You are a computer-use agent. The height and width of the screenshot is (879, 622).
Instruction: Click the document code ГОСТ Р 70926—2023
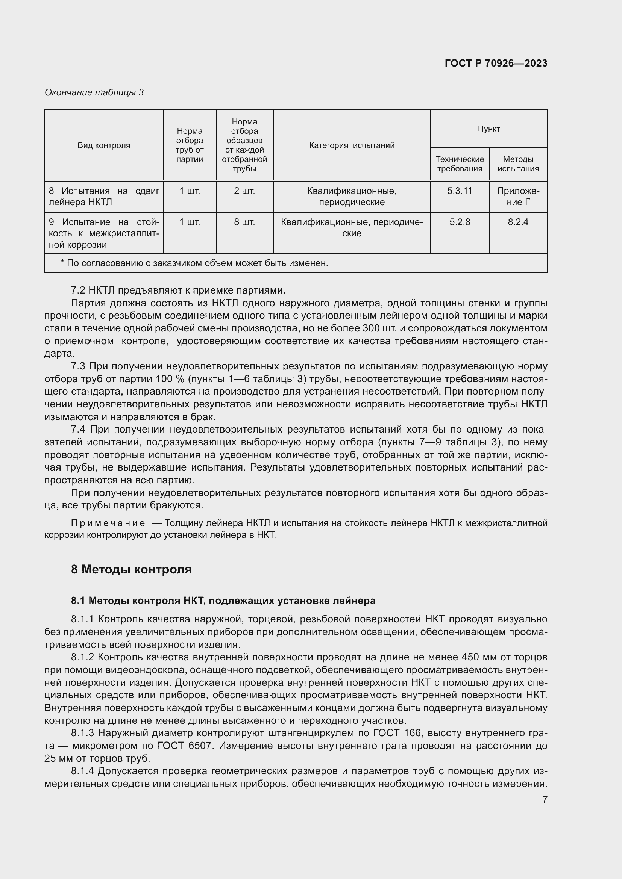[496, 63]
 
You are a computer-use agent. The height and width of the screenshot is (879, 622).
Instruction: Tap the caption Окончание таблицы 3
[94, 92]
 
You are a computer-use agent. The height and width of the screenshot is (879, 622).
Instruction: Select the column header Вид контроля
[104, 145]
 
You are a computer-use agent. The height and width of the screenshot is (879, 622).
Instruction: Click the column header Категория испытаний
[352, 145]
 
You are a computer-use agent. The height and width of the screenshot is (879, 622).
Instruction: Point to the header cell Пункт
[489, 129]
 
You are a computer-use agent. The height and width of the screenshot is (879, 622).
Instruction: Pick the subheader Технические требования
[460, 164]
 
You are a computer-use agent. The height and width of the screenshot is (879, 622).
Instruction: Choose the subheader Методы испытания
[518, 164]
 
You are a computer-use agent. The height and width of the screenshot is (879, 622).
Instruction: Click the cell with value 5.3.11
[460, 191]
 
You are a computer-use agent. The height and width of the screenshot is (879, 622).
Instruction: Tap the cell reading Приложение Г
[518, 197]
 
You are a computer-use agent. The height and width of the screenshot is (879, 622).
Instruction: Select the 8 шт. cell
[244, 222]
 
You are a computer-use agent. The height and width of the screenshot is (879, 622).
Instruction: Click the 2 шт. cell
[244, 191]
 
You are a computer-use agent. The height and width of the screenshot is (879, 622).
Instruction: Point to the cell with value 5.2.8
[460, 222]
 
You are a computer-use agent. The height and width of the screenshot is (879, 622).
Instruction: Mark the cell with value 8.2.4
[518, 222]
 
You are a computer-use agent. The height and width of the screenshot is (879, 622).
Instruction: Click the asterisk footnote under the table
[194, 263]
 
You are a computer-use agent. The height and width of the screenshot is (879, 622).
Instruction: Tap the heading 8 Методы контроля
[131, 569]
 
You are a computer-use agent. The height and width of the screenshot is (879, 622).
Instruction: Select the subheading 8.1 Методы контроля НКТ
[223, 600]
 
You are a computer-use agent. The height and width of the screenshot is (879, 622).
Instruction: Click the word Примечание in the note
[108, 523]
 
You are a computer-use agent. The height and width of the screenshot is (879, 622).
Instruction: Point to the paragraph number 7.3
[78, 366]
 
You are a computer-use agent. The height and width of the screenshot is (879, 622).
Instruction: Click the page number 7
[545, 799]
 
